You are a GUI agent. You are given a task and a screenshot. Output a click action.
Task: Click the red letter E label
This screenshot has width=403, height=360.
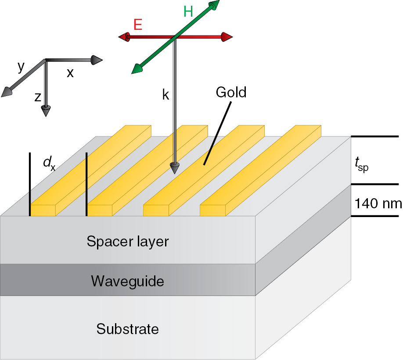pyautogui.click(x=138, y=25)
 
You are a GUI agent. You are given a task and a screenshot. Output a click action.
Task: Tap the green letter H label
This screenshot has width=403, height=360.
pyautogui.click(x=188, y=12)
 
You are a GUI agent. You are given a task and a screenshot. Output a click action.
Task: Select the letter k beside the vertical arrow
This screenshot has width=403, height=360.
pyautogui.click(x=166, y=95)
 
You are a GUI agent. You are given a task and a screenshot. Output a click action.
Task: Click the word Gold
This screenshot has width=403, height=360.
pyautogui.click(x=231, y=93)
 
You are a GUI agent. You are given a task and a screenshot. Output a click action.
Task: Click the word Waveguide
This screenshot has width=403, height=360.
pyautogui.click(x=127, y=281)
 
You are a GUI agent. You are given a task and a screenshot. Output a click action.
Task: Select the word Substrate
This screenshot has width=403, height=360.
pyautogui.click(x=127, y=328)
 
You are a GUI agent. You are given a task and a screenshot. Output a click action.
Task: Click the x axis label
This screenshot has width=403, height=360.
pyautogui.click(x=70, y=73)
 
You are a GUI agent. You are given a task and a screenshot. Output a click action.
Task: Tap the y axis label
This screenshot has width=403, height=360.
pyautogui.click(x=21, y=66)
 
